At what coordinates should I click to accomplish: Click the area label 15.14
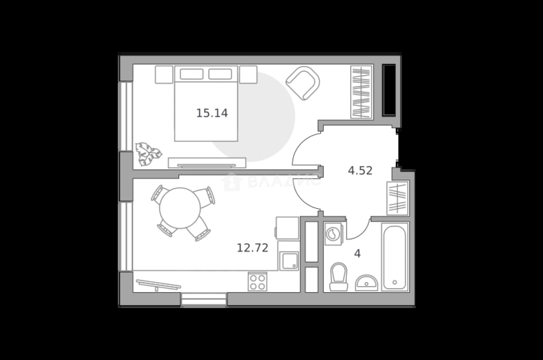(x=212, y=113)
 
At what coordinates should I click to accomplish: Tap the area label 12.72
(x=252, y=248)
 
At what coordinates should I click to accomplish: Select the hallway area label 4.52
(x=360, y=170)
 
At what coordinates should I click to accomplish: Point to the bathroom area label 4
(x=357, y=254)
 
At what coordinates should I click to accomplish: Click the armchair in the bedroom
(x=303, y=83)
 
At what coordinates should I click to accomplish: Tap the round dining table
(x=180, y=208)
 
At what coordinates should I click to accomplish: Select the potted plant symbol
(x=148, y=154)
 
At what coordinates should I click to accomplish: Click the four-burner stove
(x=258, y=282)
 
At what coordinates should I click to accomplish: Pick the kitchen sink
(x=289, y=261)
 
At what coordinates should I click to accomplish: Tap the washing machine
(x=333, y=234)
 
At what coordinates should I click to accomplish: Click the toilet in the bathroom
(x=339, y=277)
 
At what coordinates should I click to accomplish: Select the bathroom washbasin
(x=366, y=283)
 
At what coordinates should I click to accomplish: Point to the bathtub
(x=395, y=257)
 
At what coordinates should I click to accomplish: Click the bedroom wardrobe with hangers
(x=362, y=92)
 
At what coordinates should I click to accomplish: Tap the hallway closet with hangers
(x=398, y=199)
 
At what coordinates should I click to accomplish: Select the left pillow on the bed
(x=191, y=74)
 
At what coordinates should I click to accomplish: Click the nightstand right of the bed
(x=248, y=74)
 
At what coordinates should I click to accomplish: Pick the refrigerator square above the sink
(x=288, y=228)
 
